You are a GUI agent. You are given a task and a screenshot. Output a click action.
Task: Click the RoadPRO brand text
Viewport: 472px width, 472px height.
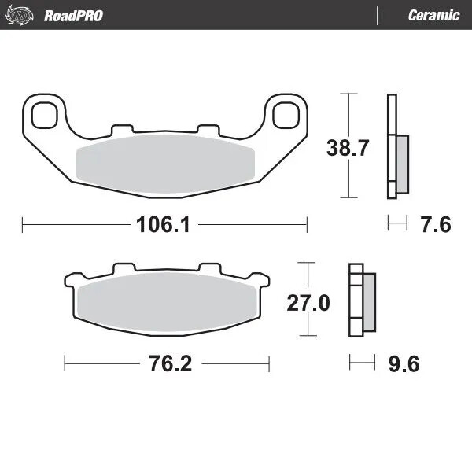tap(73, 16)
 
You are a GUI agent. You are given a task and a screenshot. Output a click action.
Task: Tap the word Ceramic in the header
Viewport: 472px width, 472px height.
tap(433, 16)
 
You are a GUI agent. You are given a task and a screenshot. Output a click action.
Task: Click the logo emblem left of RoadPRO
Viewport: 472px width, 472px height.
tap(22, 15)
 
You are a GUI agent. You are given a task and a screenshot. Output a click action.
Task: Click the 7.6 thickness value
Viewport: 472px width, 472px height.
tap(434, 225)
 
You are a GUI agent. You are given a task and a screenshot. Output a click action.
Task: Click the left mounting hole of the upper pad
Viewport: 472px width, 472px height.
tap(46, 114)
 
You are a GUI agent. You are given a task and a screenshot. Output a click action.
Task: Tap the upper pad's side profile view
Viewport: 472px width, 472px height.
tap(396, 147)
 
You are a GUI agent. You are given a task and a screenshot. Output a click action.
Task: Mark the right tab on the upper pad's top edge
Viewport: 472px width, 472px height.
tap(207, 128)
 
